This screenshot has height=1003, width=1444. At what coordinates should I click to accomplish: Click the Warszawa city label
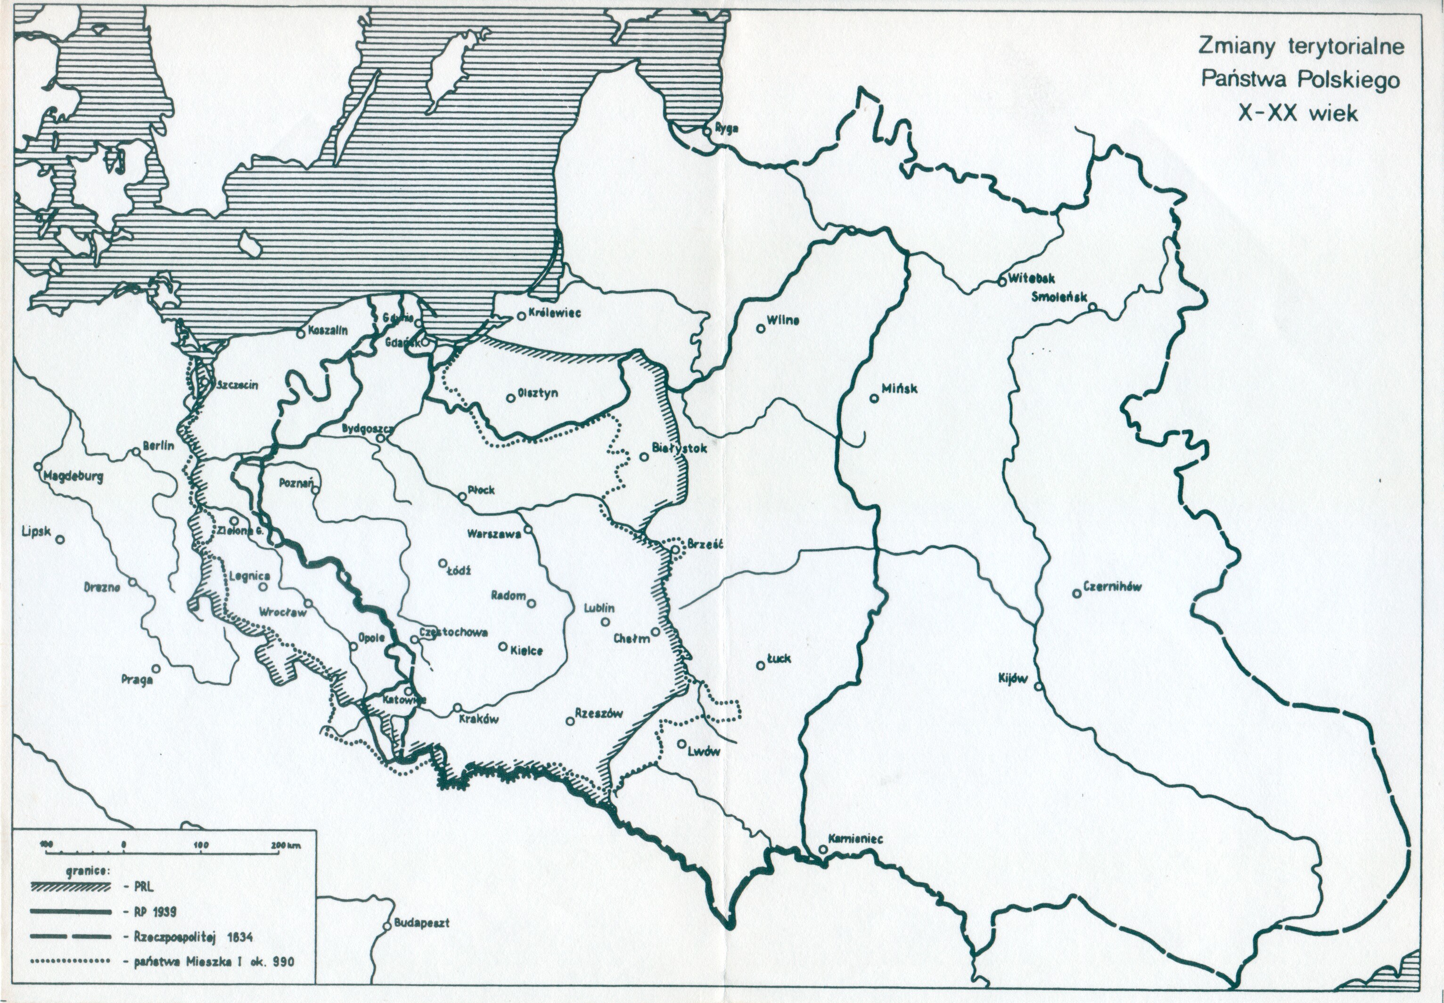493,534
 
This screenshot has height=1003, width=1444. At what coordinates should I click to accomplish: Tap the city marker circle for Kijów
1039,687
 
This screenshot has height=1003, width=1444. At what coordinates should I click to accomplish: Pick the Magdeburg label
73,477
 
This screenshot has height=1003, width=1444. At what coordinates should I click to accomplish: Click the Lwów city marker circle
682,743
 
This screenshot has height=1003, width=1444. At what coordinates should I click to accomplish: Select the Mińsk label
899,389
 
